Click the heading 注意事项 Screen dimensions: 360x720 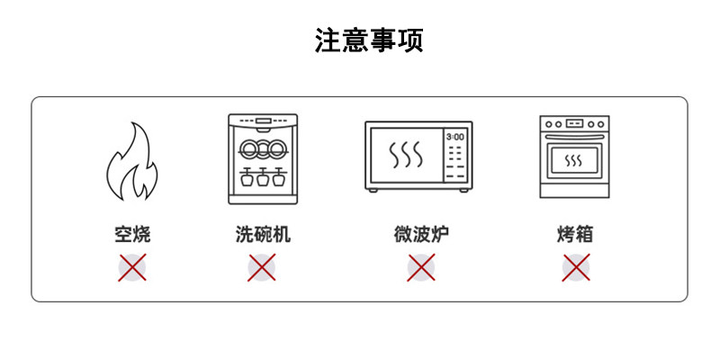[369, 41]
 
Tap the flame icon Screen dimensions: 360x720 [131, 163]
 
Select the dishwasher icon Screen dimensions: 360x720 [262, 156]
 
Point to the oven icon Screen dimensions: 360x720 [574, 156]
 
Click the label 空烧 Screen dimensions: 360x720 [132, 236]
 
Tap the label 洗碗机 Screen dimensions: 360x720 [262, 236]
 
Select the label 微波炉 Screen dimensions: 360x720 [420, 236]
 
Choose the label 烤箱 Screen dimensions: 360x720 [575, 236]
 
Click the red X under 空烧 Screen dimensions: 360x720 [132, 267]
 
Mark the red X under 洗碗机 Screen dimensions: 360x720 [262, 267]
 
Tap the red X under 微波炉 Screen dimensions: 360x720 [420, 267]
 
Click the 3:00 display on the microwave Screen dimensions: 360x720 [455, 137]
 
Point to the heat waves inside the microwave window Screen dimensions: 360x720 [405, 156]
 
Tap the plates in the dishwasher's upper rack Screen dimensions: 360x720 [262, 148]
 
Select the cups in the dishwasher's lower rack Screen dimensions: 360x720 [262, 177]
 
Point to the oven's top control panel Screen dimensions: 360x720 [574, 123]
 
